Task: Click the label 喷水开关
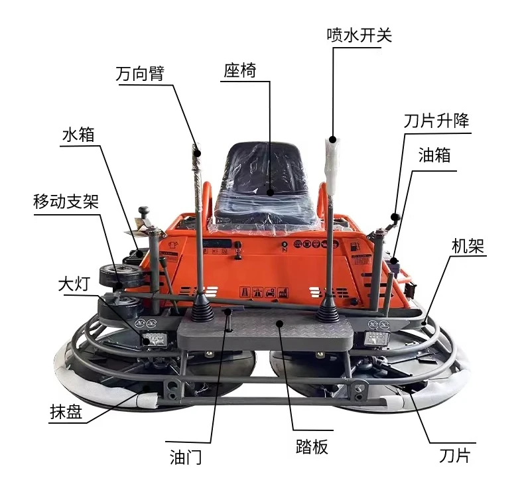pos(360,35)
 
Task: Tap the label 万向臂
pos(140,74)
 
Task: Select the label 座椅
pos(240,70)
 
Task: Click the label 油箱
pos(434,155)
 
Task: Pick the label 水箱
pos(78,135)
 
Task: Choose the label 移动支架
pos(66,202)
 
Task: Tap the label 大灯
pos(74,284)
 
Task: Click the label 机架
pos(468,246)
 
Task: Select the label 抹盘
pos(66,412)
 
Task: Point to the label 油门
pos(186,458)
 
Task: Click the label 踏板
pos(312,446)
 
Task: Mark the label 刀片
pos(455,456)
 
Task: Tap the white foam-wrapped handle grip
pos(332,165)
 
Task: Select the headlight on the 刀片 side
pos(377,340)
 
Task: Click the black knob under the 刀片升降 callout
pos(396,218)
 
